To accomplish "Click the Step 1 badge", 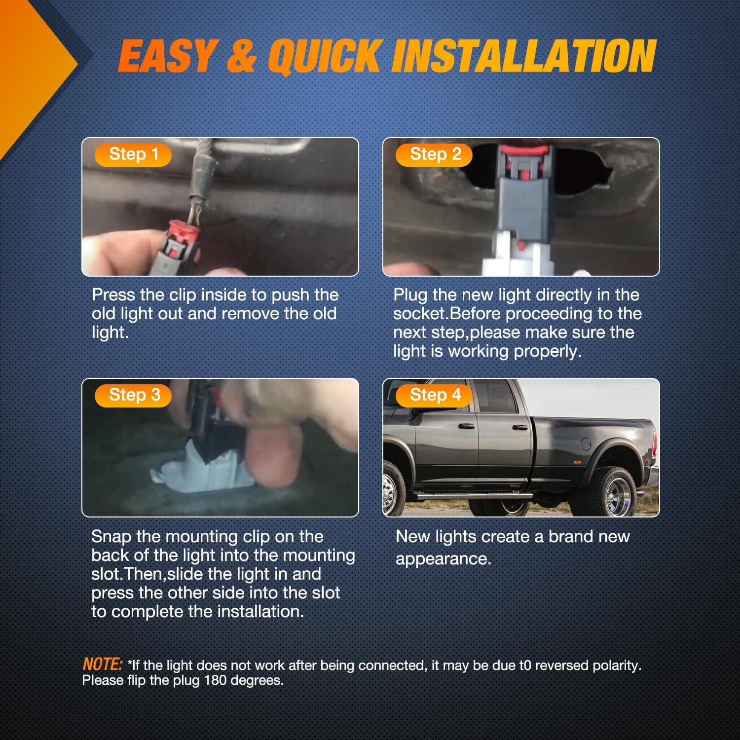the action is pos(133,154).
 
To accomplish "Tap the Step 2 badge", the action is pos(435,154).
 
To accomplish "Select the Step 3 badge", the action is pos(133,395).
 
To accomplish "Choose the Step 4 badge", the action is pos(435,395).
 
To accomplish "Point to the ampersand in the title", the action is pos(242,56).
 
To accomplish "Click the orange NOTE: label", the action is pos(102,664).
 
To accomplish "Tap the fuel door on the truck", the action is pos(586,444).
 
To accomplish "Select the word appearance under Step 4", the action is pos(443,559).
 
